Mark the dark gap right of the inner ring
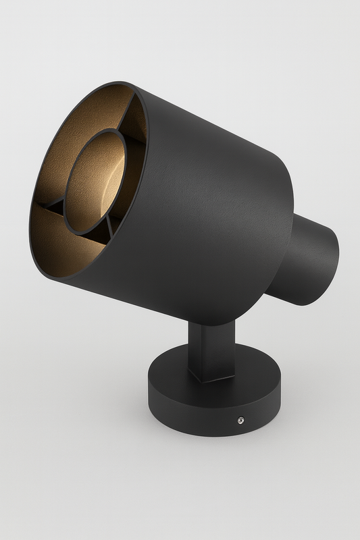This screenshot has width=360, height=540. pos(135,175)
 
